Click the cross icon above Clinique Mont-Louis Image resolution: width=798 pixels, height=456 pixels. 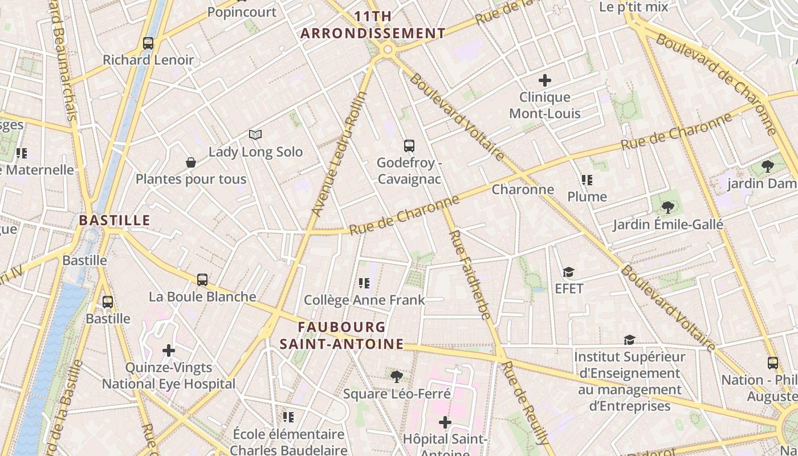tap(545, 80)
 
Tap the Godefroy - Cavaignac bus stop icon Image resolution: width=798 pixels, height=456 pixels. tap(409, 146)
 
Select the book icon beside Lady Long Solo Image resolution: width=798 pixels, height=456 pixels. tap(255, 135)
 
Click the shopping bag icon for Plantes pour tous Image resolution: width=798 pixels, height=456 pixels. tap(191, 162)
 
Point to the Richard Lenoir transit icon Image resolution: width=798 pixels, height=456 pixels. tap(148, 43)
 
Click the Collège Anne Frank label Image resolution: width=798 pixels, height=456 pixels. tap(364, 300)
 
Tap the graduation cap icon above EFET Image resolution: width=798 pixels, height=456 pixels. tap(568, 272)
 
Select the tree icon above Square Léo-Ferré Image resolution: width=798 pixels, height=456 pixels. tap(396, 376)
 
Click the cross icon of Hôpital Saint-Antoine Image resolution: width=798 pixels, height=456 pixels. tap(445, 422)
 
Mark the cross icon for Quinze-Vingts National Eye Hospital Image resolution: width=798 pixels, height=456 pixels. tap(169, 350)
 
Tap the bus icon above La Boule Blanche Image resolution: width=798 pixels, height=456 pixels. tap(202, 280)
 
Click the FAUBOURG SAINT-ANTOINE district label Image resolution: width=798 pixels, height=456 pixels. tap(341, 336)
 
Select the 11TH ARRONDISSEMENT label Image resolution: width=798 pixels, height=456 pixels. tap(373, 25)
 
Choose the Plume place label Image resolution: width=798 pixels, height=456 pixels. tap(587, 197)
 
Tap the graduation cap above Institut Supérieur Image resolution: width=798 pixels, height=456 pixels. tap(629, 340)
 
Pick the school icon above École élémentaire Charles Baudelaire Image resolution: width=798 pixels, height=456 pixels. tap(288, 417)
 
